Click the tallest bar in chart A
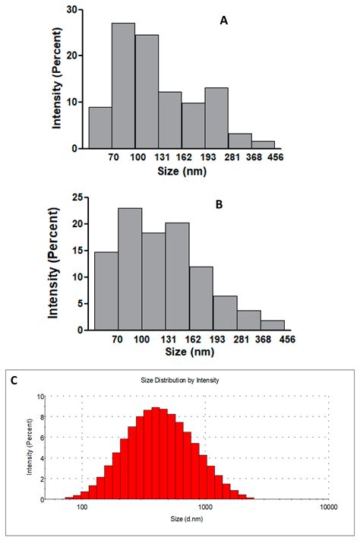click(123, 86)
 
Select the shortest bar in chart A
click(263, 145)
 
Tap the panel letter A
click(224, 21)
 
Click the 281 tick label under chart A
click(232, 157)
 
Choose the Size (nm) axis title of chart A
click(182, 171)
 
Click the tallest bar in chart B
click(130, 269)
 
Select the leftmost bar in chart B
click(106, 291)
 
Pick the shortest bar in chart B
click(273, 325)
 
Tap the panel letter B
click(219, 204)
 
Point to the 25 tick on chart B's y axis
click(77, 198)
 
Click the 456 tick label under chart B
click(288, 340)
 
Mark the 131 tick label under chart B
click(169, 340)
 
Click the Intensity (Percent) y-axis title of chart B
click(53, 263)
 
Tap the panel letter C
click(14, 380)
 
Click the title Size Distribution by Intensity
click(180, 380)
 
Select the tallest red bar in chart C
click(156, 454)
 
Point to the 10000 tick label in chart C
click(328, 507)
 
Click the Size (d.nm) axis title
click(187, 518)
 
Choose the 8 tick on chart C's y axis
click(43, 417)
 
